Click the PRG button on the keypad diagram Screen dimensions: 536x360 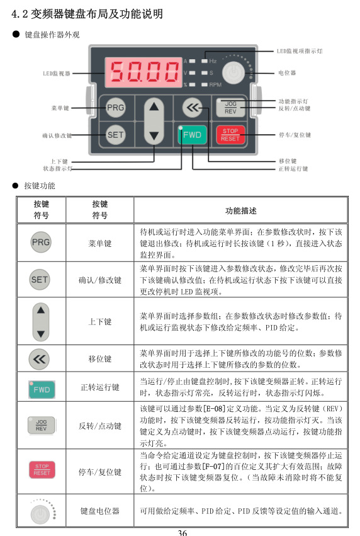[x=115, y=108]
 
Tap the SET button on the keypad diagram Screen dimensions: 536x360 [x=115, y=134]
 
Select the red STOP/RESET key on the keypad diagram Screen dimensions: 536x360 [x=230, y=135]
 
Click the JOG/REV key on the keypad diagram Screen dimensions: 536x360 [x=230, y=108]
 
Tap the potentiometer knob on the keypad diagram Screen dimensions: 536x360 [x=233, y=72]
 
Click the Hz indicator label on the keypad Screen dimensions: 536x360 [x=213, y=61]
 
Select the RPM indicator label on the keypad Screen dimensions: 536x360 [x=215, y=84]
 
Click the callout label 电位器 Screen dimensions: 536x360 [x=287, y=72]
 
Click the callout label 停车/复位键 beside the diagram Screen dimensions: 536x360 [x=295, y=135]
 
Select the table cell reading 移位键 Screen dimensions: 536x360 [x=100, y=359]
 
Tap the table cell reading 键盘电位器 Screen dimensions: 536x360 [x=100, y=511]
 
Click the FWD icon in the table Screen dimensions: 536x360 [x=40, y=389]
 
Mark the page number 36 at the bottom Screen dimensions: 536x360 [x=182, y=532]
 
